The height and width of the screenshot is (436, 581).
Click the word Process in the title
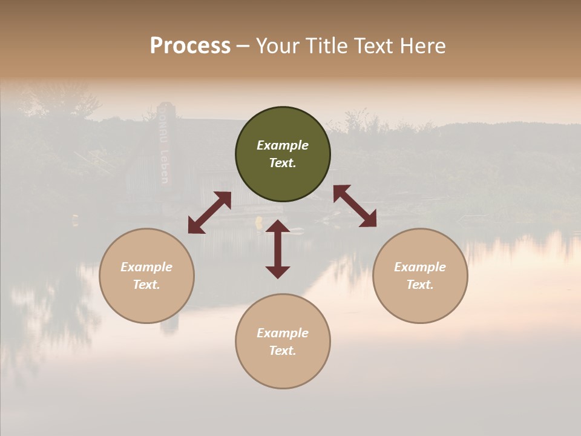point(190,45)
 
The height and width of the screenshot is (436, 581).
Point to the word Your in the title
point(277,45)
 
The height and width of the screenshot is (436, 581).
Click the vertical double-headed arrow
point(278,249)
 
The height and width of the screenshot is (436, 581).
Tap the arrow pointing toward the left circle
point(209,213)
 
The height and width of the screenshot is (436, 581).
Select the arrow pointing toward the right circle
point(355,206)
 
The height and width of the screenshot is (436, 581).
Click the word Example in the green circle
point(283,145)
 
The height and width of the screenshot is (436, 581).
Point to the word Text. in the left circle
point(146,285)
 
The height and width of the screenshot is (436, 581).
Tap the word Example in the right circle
point(420,267)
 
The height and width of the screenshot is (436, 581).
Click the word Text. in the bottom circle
point(283,351)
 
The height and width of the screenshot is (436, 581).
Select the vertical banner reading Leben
point(163,145)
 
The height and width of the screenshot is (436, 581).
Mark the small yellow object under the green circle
point(259,222)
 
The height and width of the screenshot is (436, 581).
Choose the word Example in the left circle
point(146,267)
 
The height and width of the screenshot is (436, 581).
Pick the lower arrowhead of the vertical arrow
point(278,271)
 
